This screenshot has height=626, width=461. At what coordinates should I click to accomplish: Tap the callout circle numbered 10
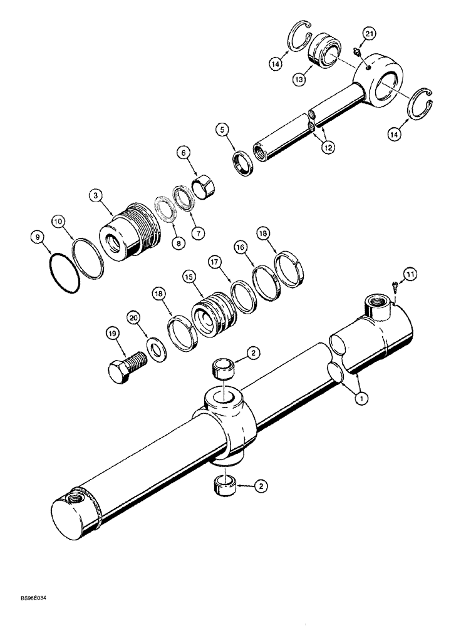tap(58, 222)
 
